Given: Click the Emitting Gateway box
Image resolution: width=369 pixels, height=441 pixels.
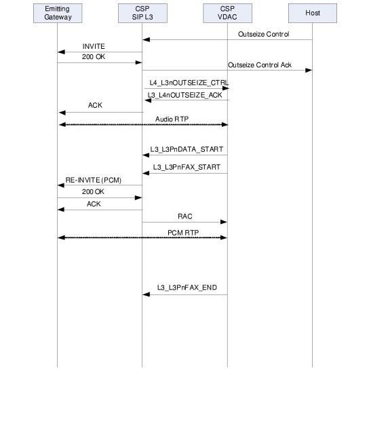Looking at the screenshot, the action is tap(58, 13).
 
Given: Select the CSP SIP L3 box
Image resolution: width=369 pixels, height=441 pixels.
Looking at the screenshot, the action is tap(142, 13).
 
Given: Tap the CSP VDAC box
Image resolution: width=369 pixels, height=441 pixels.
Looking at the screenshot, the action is tap(227, 13).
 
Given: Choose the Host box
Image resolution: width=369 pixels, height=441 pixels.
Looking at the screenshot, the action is tap(313, 13).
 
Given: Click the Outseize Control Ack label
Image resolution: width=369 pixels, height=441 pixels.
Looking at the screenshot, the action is tap(260, 65).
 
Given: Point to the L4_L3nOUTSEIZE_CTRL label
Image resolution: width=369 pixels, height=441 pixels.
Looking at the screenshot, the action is tap(189, 83).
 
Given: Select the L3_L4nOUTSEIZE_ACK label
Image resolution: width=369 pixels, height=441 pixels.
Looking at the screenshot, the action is tap(184, 95).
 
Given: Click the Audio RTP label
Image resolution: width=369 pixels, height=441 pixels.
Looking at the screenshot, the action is tap(172, 119).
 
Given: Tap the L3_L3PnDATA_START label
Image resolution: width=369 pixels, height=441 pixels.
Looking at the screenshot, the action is tap(187, 149).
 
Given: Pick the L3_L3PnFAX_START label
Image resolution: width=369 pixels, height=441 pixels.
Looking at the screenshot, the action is tap(187, 167).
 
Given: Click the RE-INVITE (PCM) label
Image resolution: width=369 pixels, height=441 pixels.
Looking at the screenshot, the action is tap(94, 180).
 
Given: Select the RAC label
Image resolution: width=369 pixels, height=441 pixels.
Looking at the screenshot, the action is tap(184, 216).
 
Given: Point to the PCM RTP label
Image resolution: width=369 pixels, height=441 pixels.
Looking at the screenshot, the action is tap(183, 233).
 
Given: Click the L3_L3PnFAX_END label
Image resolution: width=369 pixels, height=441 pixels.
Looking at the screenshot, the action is tap(187, 288).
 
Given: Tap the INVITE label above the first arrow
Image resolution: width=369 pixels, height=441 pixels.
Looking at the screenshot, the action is tap(94, 46).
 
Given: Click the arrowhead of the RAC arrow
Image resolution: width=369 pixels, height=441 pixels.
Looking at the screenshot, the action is tap(224, 222).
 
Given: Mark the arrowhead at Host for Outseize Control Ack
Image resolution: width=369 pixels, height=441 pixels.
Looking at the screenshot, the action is tap(309, 70).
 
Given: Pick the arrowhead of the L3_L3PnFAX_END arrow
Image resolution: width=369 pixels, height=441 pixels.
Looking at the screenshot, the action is tap(146, 294).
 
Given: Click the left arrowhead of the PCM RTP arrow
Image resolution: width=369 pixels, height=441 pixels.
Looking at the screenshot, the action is tap(61, 237).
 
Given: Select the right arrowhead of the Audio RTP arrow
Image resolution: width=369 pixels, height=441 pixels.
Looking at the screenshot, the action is tap(224, 124).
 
